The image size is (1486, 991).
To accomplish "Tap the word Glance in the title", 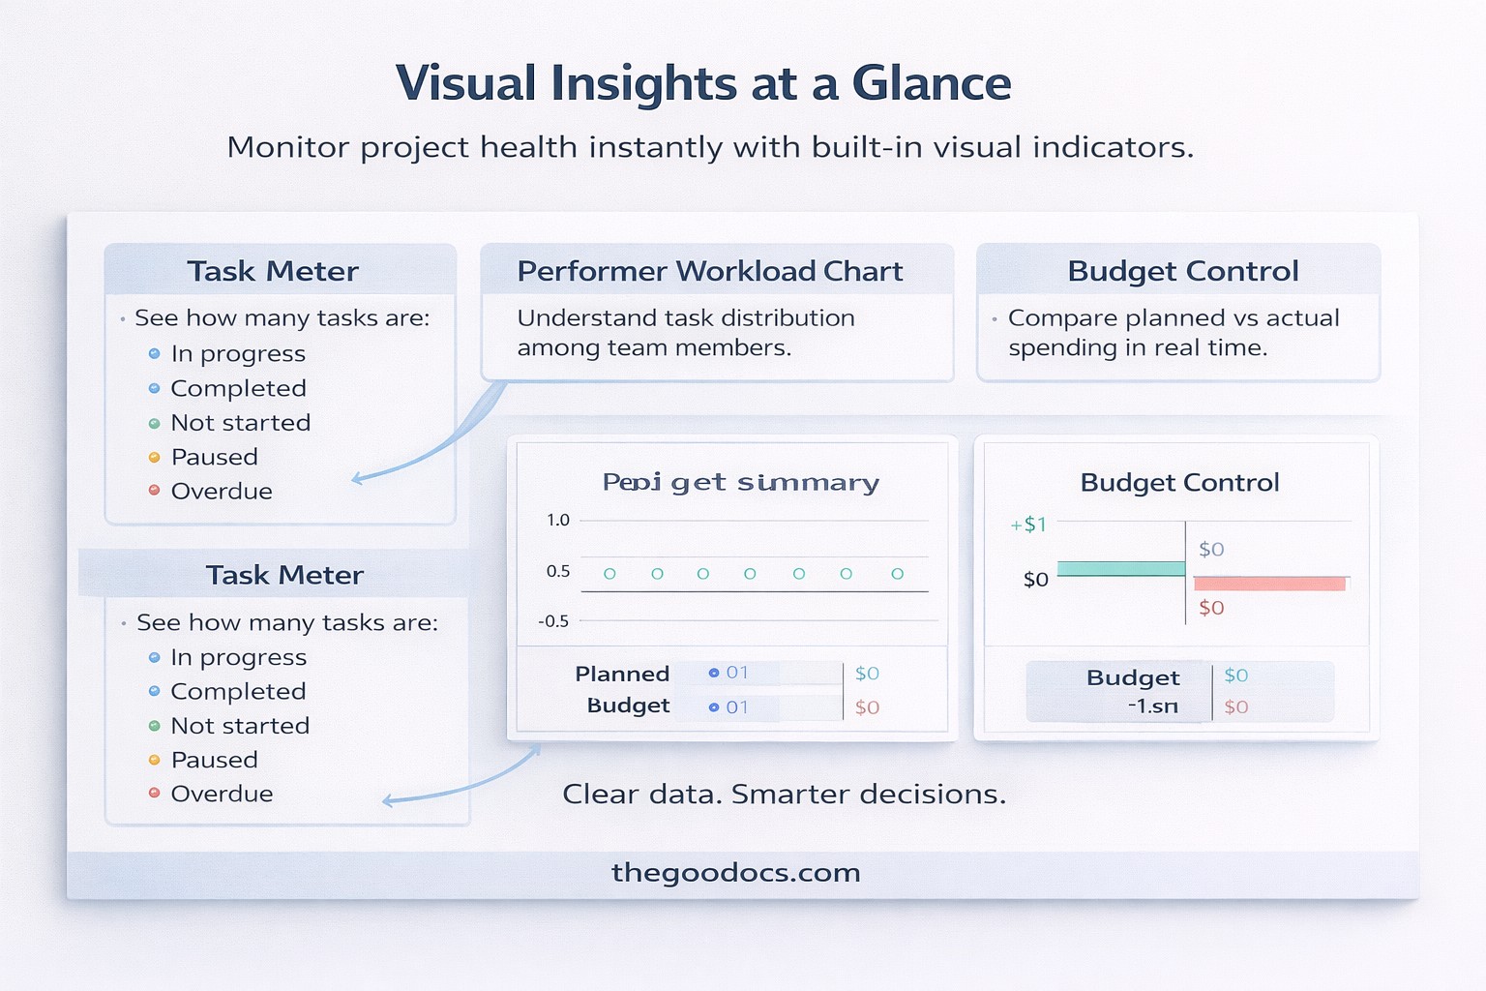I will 931,84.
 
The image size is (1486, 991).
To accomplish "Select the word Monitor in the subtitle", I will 287,147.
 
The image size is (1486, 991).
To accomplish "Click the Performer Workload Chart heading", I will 709,271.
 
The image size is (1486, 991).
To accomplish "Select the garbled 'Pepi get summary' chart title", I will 740,482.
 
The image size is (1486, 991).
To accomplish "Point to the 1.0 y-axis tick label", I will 558,520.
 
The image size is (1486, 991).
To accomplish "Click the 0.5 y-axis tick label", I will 558,571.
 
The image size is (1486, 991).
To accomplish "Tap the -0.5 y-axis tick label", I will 553,621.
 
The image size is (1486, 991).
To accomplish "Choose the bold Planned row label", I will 622,674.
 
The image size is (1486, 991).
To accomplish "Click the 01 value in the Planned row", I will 737,673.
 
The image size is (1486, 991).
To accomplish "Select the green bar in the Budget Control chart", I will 1121,569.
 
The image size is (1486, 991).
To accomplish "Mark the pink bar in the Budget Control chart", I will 1269,584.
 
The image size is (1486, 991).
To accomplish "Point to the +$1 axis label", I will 1028,525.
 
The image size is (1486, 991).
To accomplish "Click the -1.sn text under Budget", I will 1152,706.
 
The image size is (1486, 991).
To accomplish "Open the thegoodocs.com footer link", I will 735,873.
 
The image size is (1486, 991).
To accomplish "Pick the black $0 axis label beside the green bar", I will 1035,580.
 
